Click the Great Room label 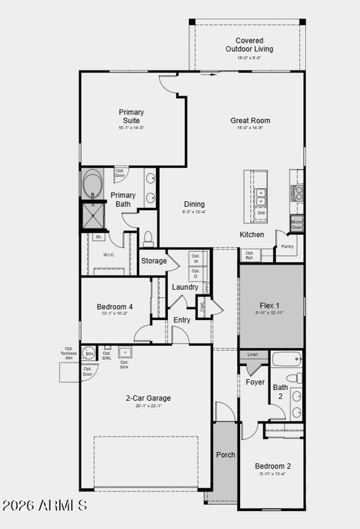tap(250, 121)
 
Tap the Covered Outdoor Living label tap(249, 45)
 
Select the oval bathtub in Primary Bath tap(92, 184)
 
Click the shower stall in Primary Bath tap(93, 215)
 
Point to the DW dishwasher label tap(261, 213)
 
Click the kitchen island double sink tap(261, 197)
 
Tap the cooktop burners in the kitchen tap(297, 193)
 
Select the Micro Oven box tap(296, 224)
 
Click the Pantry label tap(287, 246)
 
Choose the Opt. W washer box tap(196, 259)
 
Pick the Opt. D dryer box tap(196, 273)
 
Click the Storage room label tap(154, 261)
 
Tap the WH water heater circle tap(89, 353)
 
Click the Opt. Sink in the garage tap(125, 352)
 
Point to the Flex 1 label tap(269, 306)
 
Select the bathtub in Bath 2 tap(287, 359)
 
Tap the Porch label tap(226, 455)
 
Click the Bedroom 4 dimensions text tap(115, 313)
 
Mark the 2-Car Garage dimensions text tap(148, 406)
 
